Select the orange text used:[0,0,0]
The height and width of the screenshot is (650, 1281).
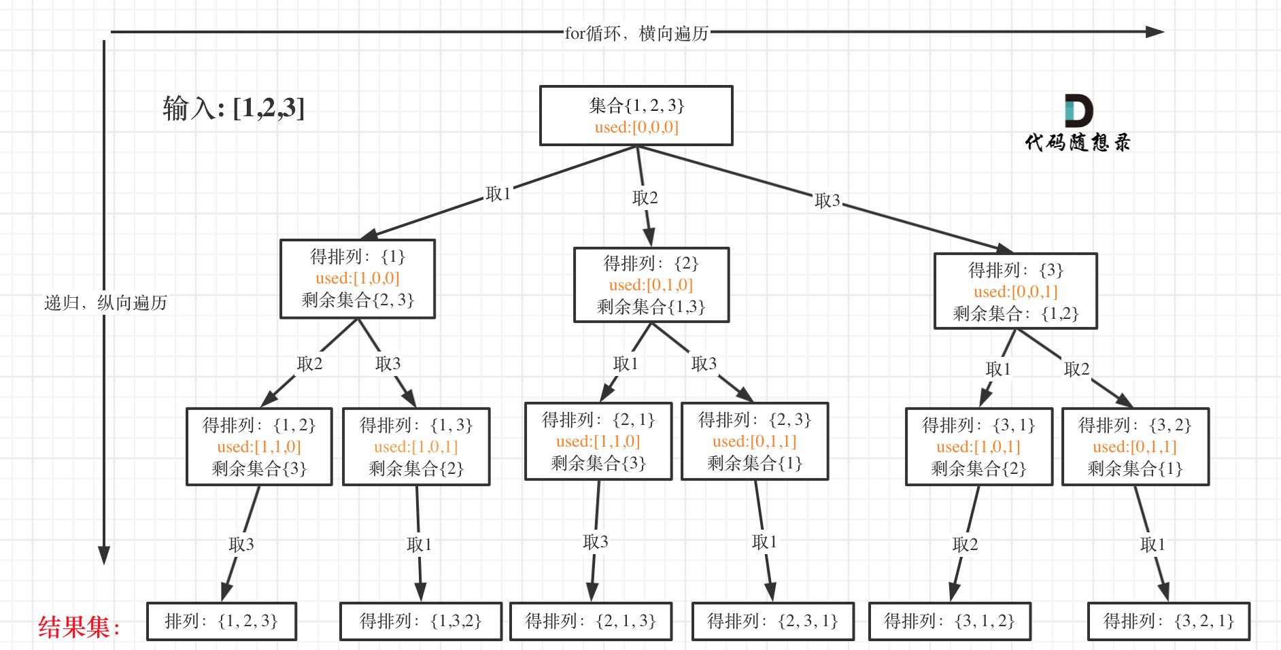click(636, 127)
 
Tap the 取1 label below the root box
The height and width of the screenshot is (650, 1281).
click(498, 194)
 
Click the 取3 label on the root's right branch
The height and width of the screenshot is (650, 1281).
click(827, 201)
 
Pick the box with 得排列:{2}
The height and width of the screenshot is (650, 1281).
click(651, 284)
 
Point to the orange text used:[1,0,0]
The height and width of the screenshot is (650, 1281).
click(357, 278)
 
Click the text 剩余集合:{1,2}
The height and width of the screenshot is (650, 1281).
click(1015, 313)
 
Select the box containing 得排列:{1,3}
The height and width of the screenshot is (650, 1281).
click(415, 446)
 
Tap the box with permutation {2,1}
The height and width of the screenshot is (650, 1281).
click(598, 441)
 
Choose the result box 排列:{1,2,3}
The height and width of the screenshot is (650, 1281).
click(221, 621)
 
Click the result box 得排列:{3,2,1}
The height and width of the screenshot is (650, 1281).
click(1168, 621)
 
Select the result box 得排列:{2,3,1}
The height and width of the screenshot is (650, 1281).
click(772, 621)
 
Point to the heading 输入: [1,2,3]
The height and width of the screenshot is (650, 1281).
click(233, 108)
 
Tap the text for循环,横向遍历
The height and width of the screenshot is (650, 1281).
click(636, 33)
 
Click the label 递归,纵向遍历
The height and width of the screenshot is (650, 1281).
click(105, 303)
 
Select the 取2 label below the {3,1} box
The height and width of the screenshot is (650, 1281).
click(965, 544)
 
